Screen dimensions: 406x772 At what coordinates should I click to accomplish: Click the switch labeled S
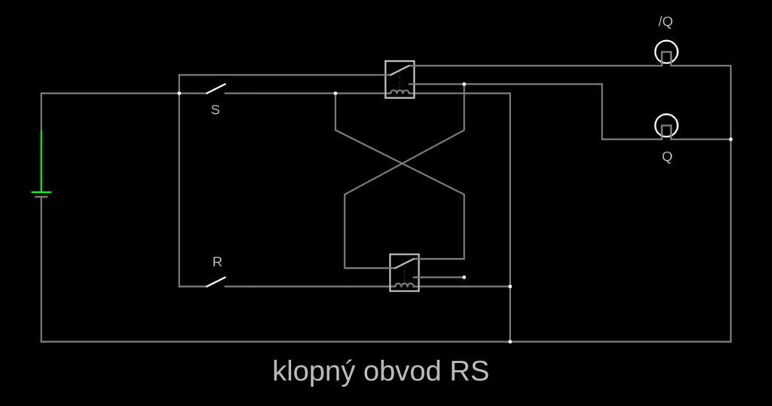click(216, 90)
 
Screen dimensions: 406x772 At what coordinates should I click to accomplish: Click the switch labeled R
click(216, 282)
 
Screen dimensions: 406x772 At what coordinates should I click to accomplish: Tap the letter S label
click(216, 110)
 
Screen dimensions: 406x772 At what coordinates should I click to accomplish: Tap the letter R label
click(217, 263)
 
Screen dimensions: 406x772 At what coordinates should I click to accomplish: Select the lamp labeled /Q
click(666, 52)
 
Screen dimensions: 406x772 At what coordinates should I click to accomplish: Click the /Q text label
click(665, 22)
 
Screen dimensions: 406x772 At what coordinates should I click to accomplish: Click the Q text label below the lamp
click(667, 157)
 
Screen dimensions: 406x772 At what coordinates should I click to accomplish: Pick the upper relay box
click(400, 79)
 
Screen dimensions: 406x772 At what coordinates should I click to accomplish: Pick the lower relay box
click(404, 272)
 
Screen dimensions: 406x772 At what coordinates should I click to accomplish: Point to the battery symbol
click(41, 194)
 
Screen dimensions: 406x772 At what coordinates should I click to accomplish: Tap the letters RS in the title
click(470, 372)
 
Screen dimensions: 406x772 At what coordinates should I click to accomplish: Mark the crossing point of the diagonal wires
click(404, 162)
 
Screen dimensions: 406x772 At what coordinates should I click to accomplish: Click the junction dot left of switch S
click(179, 94)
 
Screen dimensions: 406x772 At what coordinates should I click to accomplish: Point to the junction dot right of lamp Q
click(731, 140)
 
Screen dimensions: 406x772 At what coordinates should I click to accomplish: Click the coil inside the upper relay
click(400, 93)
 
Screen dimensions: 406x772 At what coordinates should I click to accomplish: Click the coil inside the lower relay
click(405, 285)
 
